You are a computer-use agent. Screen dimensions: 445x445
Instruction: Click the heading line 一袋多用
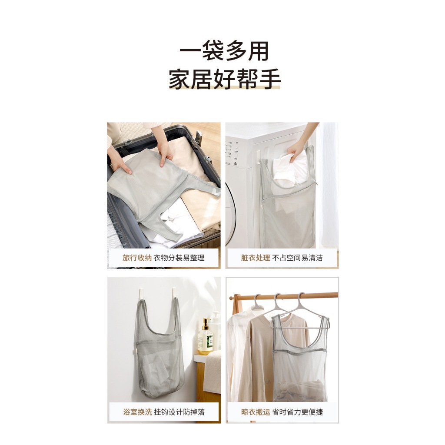tap(224, 51)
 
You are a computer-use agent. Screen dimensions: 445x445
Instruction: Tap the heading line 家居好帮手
tap(225, 79)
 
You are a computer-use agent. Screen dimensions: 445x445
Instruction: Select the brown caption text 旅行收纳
tap(137, 258)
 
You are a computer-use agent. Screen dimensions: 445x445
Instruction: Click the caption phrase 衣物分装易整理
tap(179, 258)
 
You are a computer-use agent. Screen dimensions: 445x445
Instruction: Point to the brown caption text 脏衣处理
tap(256, 258)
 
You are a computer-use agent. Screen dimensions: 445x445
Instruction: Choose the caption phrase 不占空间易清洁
tap(297, 258)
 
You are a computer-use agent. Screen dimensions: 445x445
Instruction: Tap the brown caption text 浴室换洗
tap(138, 412)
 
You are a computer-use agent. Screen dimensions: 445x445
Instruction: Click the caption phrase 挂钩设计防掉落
tap(179, 412)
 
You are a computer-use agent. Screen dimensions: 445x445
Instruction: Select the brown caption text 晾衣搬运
tap(256, 412)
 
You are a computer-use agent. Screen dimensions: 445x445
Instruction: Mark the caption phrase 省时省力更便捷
tap(297, 412)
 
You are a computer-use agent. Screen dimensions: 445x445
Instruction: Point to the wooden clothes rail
tap(284, 296)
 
